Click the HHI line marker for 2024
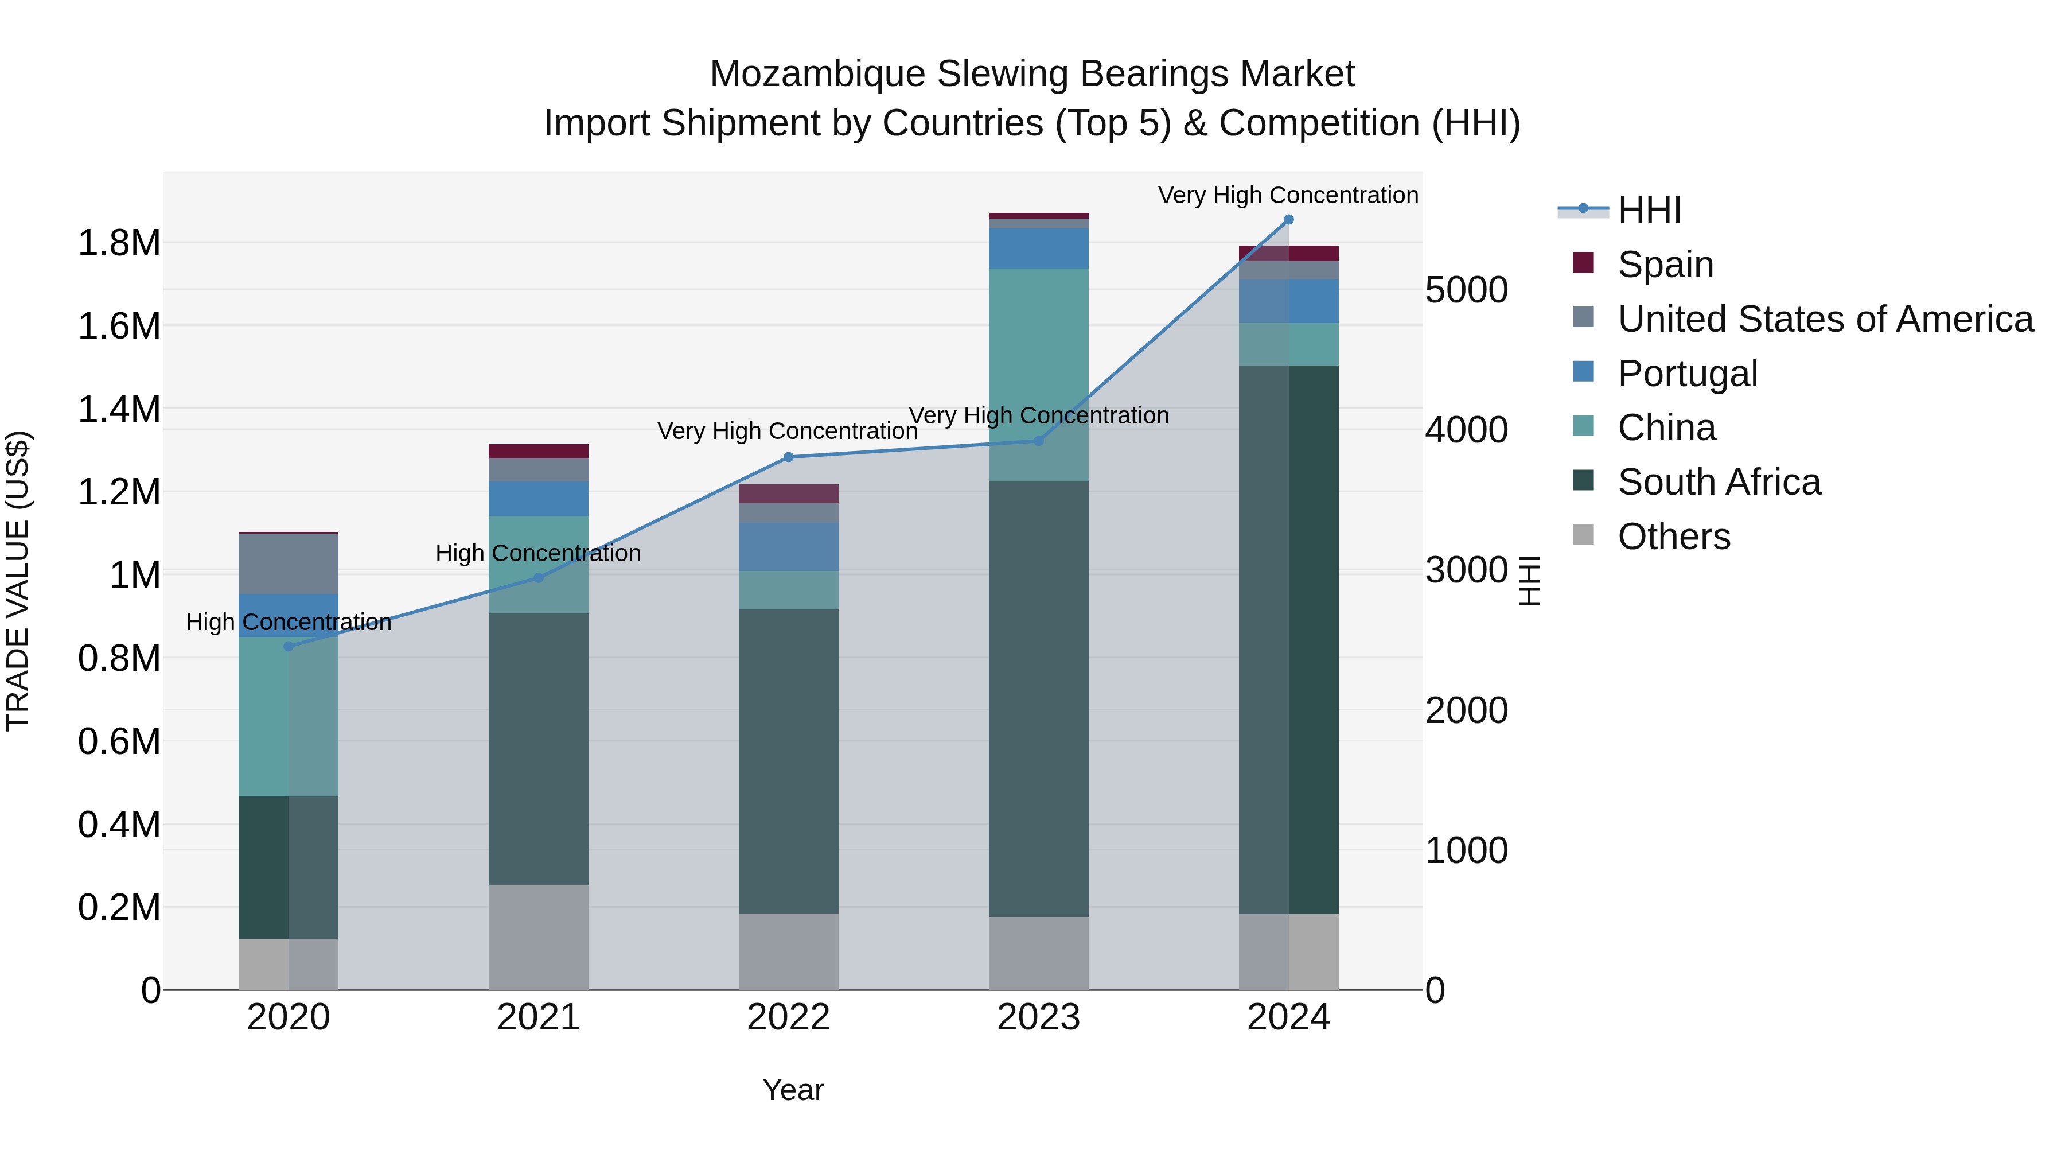1288,220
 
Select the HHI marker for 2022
788,457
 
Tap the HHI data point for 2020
289,646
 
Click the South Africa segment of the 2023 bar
1038,698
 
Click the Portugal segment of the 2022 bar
788,547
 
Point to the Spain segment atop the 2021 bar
538,452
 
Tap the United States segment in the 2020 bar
289,563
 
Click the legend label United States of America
1825,319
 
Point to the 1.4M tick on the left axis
119,409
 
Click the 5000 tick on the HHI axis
1466,290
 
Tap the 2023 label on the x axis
1038,1017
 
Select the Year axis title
793,1090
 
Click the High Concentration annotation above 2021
538,553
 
